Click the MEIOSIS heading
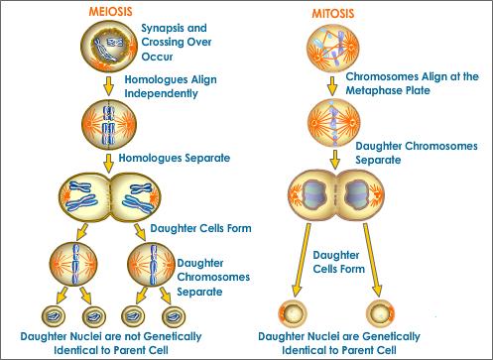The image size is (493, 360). point(110,12)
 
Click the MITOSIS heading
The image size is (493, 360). point(333,14)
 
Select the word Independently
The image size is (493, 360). point(161,94)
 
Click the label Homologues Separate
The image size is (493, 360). point(175,158)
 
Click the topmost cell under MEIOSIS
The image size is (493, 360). point(109,46)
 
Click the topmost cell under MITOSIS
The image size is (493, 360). point(333,48)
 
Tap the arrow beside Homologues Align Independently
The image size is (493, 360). point(108,86)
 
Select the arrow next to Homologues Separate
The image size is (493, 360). point(108,164)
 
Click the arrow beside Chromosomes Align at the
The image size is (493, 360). point(332,86)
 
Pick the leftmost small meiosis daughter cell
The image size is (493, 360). point(54,316)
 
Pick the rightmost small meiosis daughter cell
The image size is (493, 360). point(174,316)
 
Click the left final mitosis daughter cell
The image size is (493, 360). point(293,312)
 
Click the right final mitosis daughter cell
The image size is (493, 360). point(380,312)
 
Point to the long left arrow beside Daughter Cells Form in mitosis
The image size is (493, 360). point(302,260)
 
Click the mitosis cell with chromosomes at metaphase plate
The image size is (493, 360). point(333,122)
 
